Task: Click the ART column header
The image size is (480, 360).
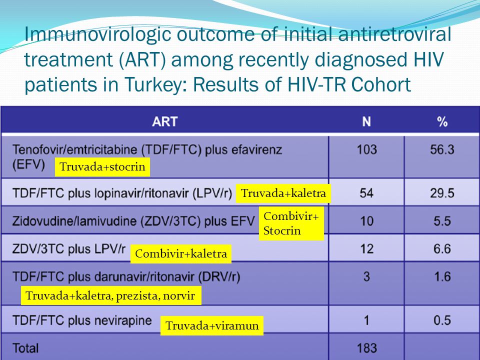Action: (164, 121)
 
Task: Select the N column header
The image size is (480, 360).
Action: (366, 121)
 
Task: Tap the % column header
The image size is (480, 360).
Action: (442, 122)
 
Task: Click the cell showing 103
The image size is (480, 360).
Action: (366, 149)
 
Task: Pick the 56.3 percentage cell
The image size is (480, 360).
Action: (442, 149)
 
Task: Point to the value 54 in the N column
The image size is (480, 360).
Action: (366, 193)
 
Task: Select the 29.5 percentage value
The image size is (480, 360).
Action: (442, 193)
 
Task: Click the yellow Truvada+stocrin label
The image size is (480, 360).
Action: (102, 167)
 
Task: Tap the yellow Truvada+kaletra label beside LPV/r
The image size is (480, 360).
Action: (283, 193)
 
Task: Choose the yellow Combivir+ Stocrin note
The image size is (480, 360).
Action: (291, 223)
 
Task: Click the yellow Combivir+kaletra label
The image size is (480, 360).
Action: (181, 254)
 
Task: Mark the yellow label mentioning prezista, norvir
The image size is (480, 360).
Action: (111, 295)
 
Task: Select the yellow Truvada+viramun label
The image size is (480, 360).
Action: (212, 325)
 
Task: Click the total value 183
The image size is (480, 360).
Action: (366, 348)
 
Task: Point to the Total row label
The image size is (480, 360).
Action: (25, 348)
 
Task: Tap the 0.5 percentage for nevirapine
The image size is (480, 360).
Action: (442, 320)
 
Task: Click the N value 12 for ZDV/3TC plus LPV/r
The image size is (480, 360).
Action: (366, 249)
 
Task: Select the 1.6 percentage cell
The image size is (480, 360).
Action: (442, 276)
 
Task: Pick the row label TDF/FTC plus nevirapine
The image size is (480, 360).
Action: (82, 320)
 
